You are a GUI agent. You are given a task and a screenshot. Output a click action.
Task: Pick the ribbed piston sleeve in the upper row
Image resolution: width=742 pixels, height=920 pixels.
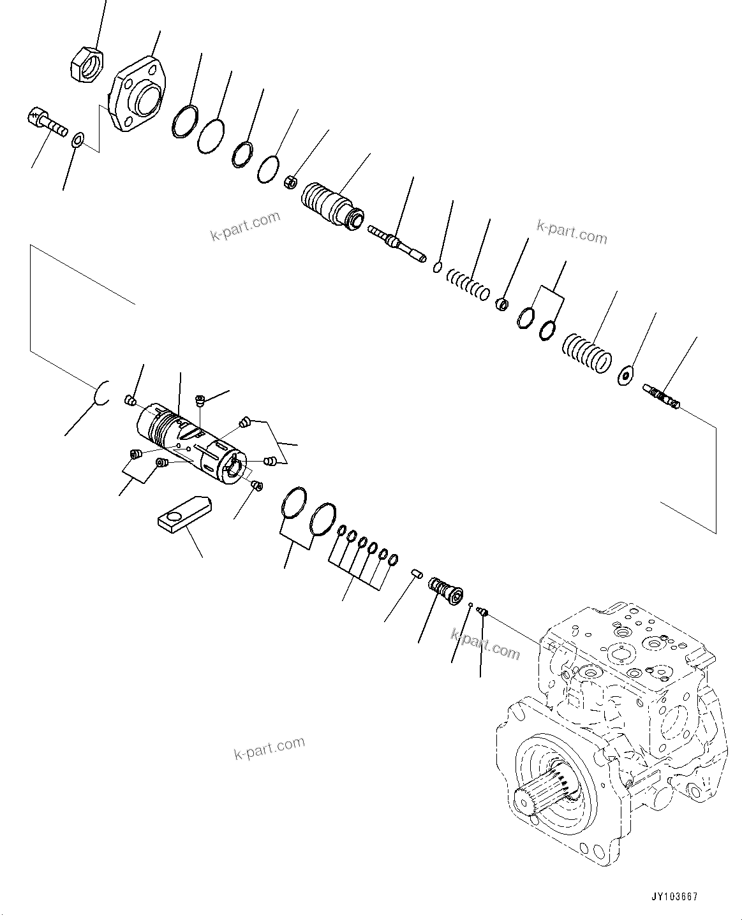[x=330, y=202]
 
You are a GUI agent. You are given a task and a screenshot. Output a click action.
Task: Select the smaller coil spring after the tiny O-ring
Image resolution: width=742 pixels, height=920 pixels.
[x=468, y=284]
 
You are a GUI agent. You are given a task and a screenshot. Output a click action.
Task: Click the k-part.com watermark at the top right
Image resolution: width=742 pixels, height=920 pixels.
[x=572, y=232]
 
